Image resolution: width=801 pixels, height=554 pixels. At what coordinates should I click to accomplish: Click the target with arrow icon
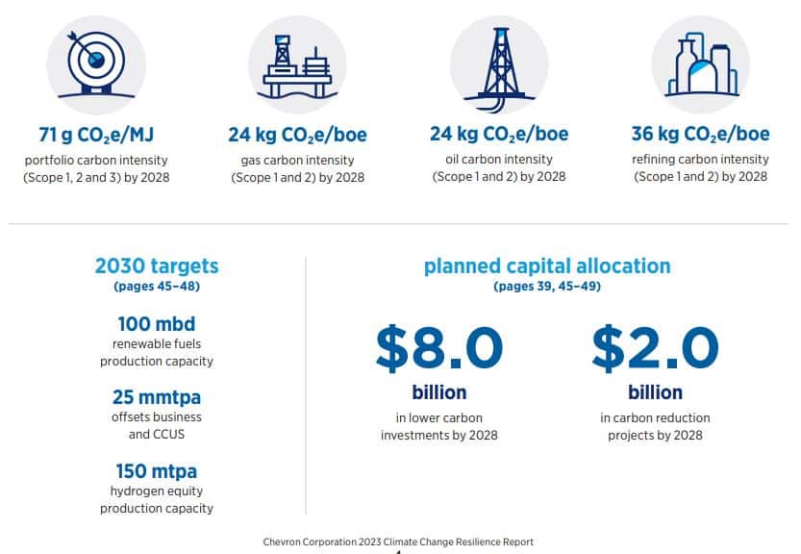point(96,63)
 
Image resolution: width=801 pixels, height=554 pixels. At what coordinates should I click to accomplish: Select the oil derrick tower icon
point(501,68)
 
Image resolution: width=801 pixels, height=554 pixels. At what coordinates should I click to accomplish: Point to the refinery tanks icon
point(702,64)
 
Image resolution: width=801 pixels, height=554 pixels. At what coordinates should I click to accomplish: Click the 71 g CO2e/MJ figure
point(96,135)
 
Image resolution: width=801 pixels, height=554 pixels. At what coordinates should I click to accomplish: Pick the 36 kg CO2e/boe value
point(700,134)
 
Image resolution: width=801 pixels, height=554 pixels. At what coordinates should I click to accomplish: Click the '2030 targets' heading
point(157,265)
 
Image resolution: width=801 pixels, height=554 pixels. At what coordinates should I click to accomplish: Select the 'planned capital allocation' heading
point(547,265)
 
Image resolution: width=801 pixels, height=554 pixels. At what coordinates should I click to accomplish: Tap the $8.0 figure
point(439,348)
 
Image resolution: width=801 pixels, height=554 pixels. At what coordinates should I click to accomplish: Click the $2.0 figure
point(656,348)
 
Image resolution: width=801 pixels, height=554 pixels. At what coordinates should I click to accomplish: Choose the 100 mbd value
point(157,324)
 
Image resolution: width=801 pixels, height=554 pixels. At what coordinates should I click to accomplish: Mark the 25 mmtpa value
point(157,397)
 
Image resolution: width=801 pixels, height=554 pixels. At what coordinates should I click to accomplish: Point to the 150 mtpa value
point(157,470)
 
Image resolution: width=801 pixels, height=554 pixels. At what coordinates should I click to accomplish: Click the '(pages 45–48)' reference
point(157,287)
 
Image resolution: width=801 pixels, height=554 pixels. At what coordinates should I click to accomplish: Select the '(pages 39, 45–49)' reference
point(547,287)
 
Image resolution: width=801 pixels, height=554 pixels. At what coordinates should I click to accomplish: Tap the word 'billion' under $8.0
point(439,392)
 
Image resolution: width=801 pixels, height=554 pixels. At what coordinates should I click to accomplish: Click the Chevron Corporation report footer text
point(398,541)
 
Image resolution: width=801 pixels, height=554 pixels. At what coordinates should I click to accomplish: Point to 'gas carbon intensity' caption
point(297,161)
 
